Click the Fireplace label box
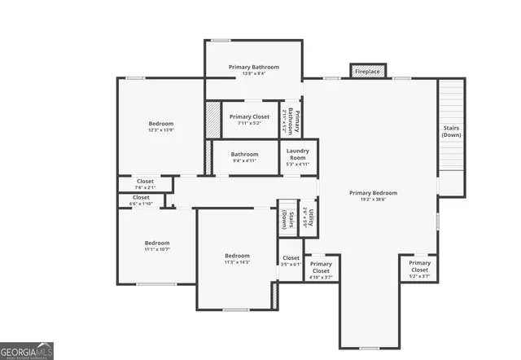[x=367, y=72]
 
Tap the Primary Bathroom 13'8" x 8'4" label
[x=254, y=70]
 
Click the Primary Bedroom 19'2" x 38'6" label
[x=374, y=196]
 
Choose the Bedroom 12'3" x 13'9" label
[x=161, y=126]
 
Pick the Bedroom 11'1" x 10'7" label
[x=157, y=246]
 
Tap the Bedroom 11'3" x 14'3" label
[x=237, y=258]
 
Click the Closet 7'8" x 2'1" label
[x=145, y=184]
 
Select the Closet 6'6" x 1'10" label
[x=141, y=200]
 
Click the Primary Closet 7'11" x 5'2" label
[x=249, y=120]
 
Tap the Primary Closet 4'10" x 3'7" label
[x=321, y=270]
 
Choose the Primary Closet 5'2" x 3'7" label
[x=419, y=269]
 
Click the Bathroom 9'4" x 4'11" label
[x=244, y=157]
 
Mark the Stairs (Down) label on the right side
[x=451, y=132]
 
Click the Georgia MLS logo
[x=27, y=350]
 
